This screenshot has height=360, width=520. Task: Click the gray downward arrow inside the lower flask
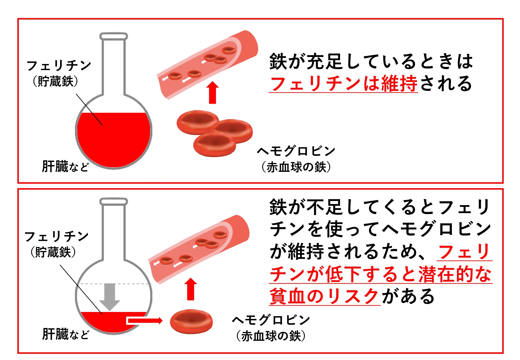(x=109, y=297)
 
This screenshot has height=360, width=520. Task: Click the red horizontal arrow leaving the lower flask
(x=144, y=321)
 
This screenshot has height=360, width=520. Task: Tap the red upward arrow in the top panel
(x=212, y=92)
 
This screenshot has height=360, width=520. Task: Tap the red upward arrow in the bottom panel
(x=191, y=289)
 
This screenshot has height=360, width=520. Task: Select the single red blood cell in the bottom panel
(x=191, y=322)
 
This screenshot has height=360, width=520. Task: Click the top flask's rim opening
(x=114, y=36)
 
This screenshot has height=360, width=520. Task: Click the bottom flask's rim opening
(x=114, y=202)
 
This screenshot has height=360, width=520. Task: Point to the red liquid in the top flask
(x=114, y=139)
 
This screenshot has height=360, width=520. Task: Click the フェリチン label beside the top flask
(x=59, y=65)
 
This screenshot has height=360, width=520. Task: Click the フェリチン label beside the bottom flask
(x=56, y=236)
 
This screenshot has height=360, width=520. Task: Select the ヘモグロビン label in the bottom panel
(x=271, y=320)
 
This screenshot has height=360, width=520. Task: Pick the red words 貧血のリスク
(x=324, y=296)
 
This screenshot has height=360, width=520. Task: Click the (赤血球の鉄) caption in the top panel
(x=296, y=167)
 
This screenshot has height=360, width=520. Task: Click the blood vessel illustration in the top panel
(x=207, y=65)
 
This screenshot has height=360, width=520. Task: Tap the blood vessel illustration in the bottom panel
(x=198, y=249)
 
